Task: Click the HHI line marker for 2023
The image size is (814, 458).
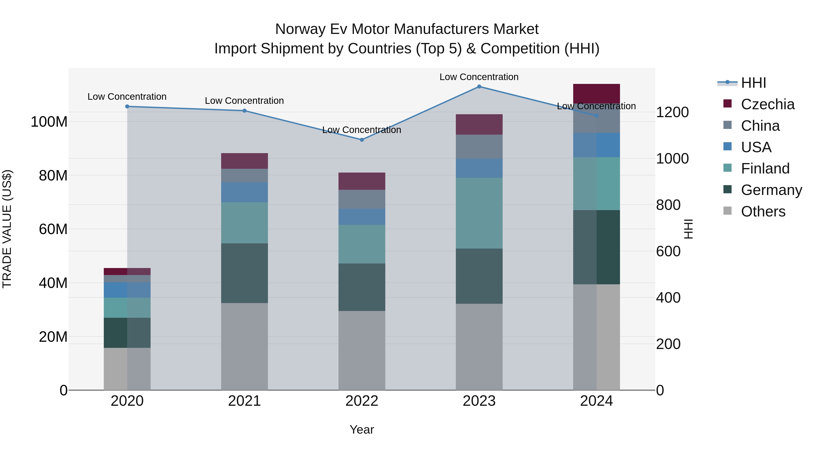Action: pyautogui.click(x=479, y=87)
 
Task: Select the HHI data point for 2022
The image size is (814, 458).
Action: pyautogui.click(x=362, y=140)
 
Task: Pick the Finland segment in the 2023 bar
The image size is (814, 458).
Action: pyautogui.click(x=479, y=213)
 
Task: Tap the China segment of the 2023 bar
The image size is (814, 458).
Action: pyautogui.click(x=479, y=147)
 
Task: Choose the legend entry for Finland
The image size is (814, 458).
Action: pyautogui.click(x=765, y=168)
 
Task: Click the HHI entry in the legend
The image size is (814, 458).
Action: pyautogui.click(x=753, y=83)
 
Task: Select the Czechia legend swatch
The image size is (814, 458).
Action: pyautogui.click(x=727, y=104)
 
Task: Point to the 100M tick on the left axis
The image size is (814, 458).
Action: pyautogui.click(x=49, y=122)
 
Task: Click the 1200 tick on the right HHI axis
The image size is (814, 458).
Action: pyautogui.click(x=672, y=112)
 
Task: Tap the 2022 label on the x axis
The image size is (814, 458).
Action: pyautogui.click(x=362, y=401)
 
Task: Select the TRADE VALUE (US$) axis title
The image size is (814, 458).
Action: pyautogui.click(x=7, y=229)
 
